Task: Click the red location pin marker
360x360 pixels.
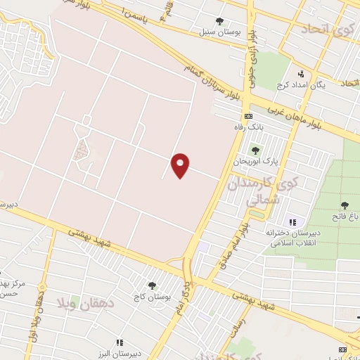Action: pyautogui.click(x=181, y=165)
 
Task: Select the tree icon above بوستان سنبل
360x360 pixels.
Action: pyautogui.click(x=220, y=21)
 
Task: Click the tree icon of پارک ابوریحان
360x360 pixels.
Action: pyautogui.click(x=255, y=150)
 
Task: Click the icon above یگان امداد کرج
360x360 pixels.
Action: pyautogui.click(x=301, y=73)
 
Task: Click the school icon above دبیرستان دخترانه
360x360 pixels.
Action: pyautogui.click(x=293, y=222)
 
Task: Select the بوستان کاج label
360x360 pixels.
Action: pyautogui.click(x=151, y=297)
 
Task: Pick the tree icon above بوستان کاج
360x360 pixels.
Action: pyautogui.click(x=152, y=285)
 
